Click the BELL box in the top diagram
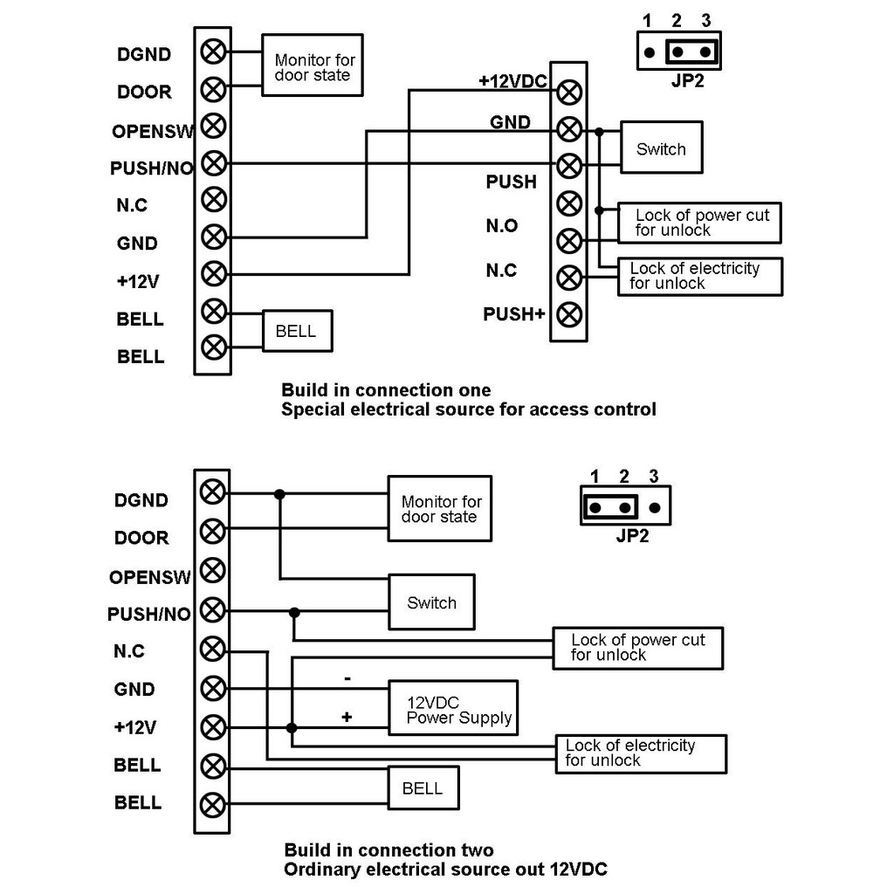[x=297, y=331]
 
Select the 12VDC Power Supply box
[x=453, y=708]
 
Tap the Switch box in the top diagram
[x=661, y=148]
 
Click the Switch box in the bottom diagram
[x=431, y=602]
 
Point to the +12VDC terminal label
[x=512, y=81]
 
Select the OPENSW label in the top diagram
[x=154, y=131]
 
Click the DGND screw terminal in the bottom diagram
[x=211, y=492]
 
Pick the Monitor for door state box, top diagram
[x=312, y=67]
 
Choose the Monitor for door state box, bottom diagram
[x=440, y=509]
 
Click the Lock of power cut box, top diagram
[x=698, y=223]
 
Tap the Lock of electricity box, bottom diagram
[x=641, y=753]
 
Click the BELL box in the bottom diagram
[x=423, y=788]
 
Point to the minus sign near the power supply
[x=347, y=677]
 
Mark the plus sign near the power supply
[x=347, y=717]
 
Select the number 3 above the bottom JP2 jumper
[x=654, y=477]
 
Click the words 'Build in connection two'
[x=389, y=850]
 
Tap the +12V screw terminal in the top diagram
[x=212, y=274]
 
